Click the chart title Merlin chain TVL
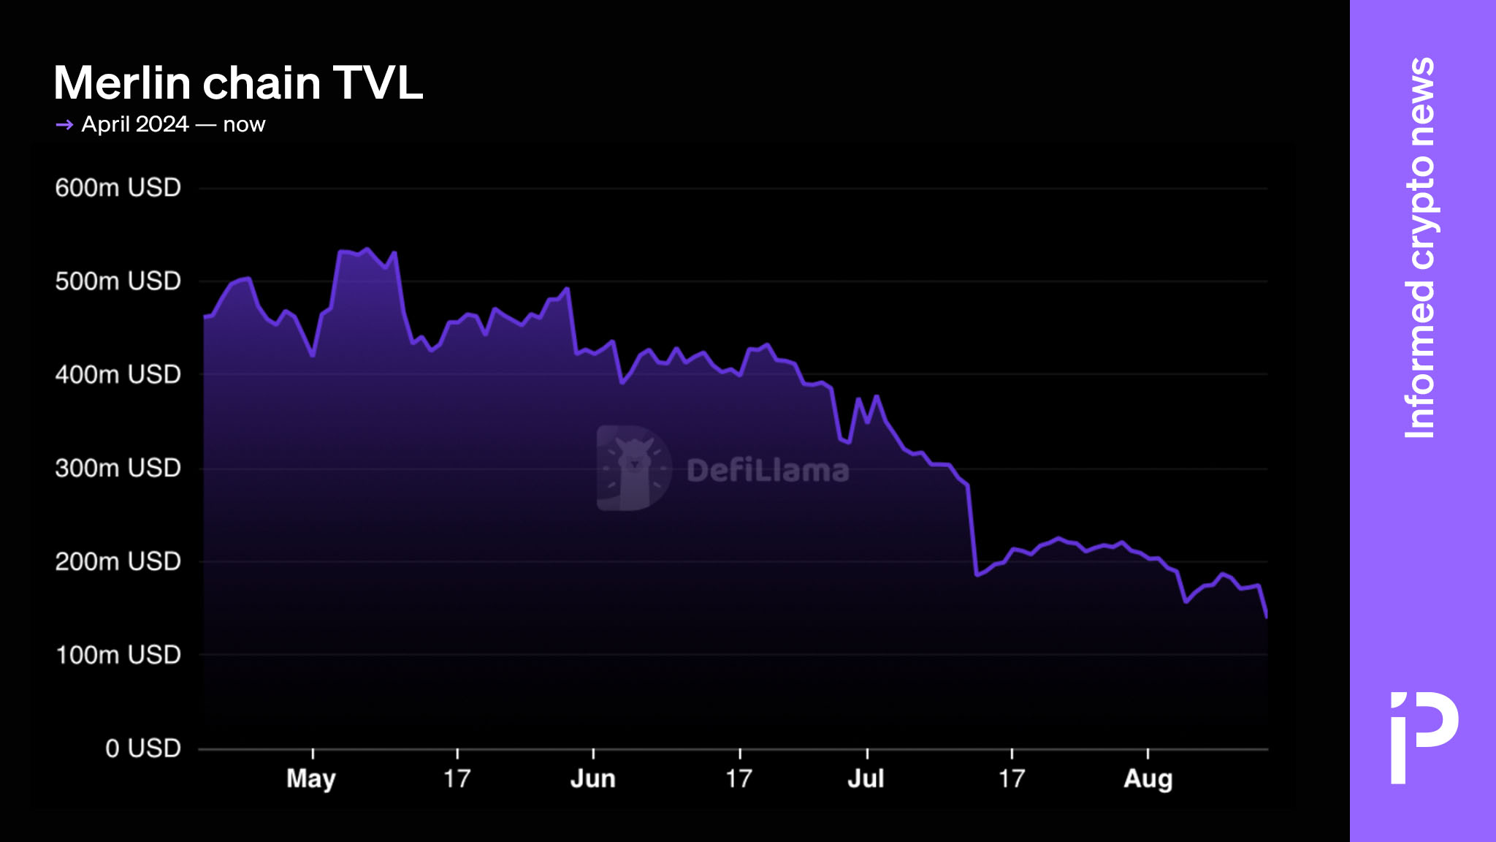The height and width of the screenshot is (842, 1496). tap(238, 83)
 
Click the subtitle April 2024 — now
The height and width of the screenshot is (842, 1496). tap(173, 124)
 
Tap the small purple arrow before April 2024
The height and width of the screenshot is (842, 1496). tap(64, 125)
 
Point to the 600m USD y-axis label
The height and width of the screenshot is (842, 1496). tap(118, 188)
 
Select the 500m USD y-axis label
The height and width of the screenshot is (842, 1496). tap(118, 281)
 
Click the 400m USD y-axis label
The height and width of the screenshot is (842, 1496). tap(118, 375)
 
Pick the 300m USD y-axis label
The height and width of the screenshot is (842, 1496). tap(118, 468)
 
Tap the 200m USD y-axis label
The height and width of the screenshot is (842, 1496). tap(118, 561)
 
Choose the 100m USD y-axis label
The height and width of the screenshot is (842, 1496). tap(118, 655)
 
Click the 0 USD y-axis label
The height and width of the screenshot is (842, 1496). tap(142, 748)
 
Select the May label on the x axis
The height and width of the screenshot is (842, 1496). tap(311, 779)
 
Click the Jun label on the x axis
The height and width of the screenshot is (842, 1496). tap(592, 779)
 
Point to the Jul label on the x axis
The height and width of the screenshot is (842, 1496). tap(866, 779)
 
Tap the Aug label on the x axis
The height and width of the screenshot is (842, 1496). tap(1148, 779)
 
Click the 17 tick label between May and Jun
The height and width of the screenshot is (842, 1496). tap(457, 779)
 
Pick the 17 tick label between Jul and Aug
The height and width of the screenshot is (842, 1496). tap(1012, 779)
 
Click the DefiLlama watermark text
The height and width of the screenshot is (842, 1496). tap(768, 471)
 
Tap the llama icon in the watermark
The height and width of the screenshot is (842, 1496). tap(633, 468)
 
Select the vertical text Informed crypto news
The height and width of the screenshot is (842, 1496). tap(1420, 249)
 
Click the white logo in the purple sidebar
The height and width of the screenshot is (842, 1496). tap(1424, 737)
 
